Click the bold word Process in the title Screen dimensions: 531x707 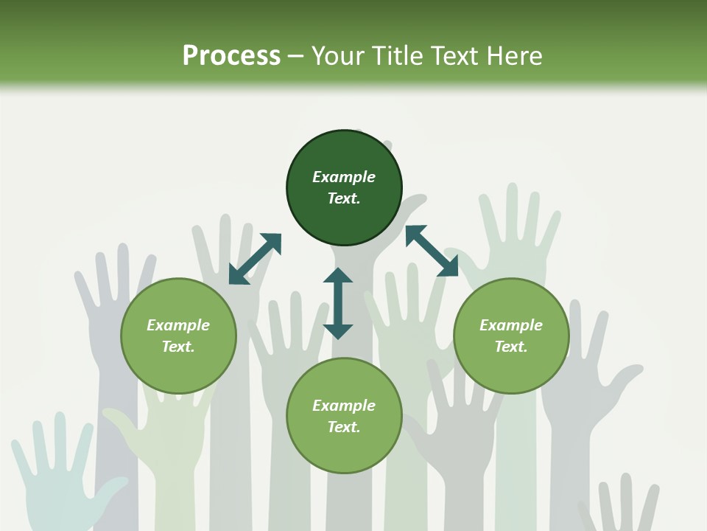(x=231, y=56)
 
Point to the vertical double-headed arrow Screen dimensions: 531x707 (x=338, y=303)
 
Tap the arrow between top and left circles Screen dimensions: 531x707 (x=255, y=259)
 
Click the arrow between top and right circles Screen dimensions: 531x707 (x=432, y=251)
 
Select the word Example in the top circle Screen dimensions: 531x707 (x=344, y=177)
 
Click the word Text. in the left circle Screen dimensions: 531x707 (x=178, y=347)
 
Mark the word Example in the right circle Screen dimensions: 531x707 (x=511, y=325)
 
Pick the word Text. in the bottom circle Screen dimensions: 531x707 (x=344, y=427)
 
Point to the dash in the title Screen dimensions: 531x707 (x=295, y=56)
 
